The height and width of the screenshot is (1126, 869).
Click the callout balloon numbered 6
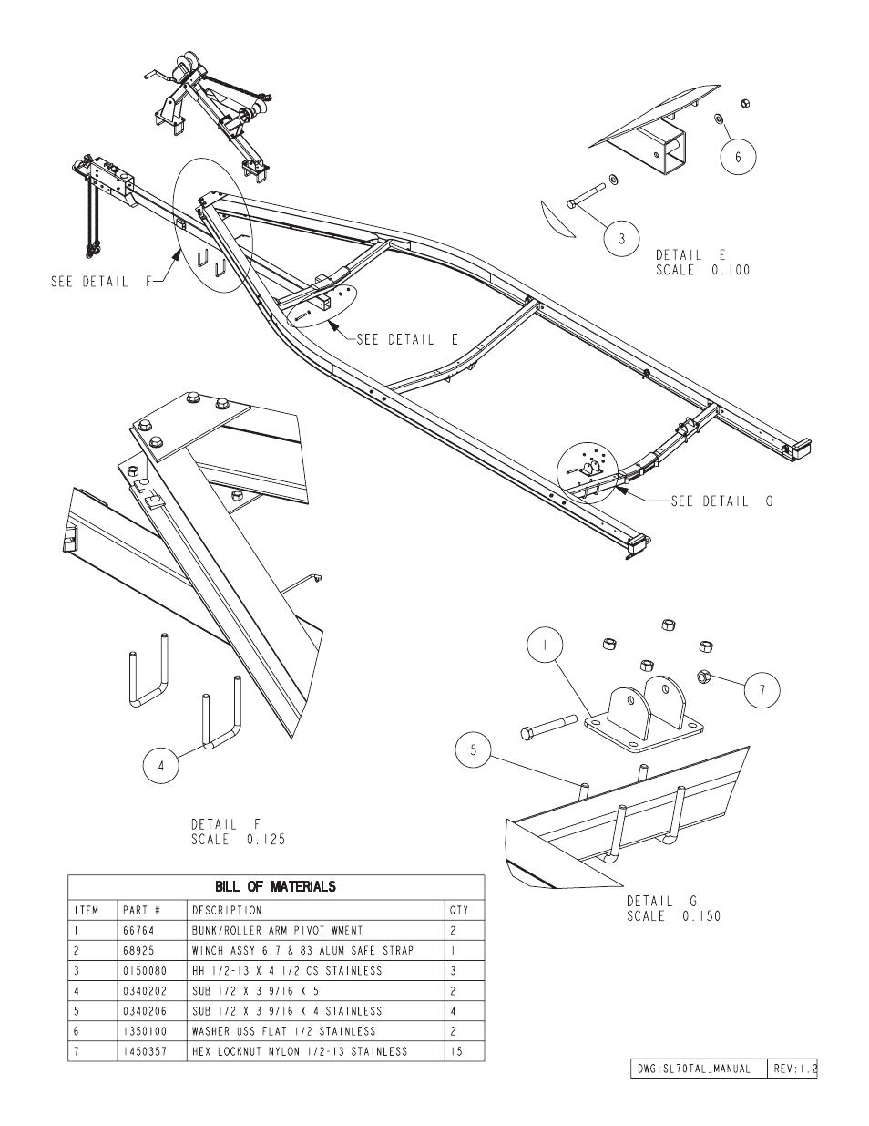[x=738, y=157]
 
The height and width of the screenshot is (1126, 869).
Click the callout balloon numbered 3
[x=622, y=239]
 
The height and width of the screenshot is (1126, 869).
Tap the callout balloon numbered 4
[x=161, y=766]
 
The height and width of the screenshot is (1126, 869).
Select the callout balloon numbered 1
[x=545, y=647]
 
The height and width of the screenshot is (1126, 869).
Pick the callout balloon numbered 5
[x=474, y=752]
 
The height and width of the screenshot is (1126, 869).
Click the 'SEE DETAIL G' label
[x=721, y=501]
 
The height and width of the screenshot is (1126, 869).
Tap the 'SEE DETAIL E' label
[x=407, y=339]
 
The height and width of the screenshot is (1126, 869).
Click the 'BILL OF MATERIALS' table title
[x=275, y=886]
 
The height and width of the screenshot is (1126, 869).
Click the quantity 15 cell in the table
[x=455, y=1051]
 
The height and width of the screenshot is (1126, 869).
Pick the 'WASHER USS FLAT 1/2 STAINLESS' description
[x=283, y=1031]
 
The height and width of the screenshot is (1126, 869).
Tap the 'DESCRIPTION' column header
[x=226, y=910]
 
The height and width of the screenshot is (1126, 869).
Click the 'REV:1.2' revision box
[x=792, y=1068]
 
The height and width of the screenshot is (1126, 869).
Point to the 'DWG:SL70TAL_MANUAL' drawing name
[x=692, y=1068]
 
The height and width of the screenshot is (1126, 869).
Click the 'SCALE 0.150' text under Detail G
[x=673, y=916]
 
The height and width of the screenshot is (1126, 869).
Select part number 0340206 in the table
[x=140, y=1011]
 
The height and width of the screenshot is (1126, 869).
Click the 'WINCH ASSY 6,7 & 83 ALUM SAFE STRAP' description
[x=302, y=951]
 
